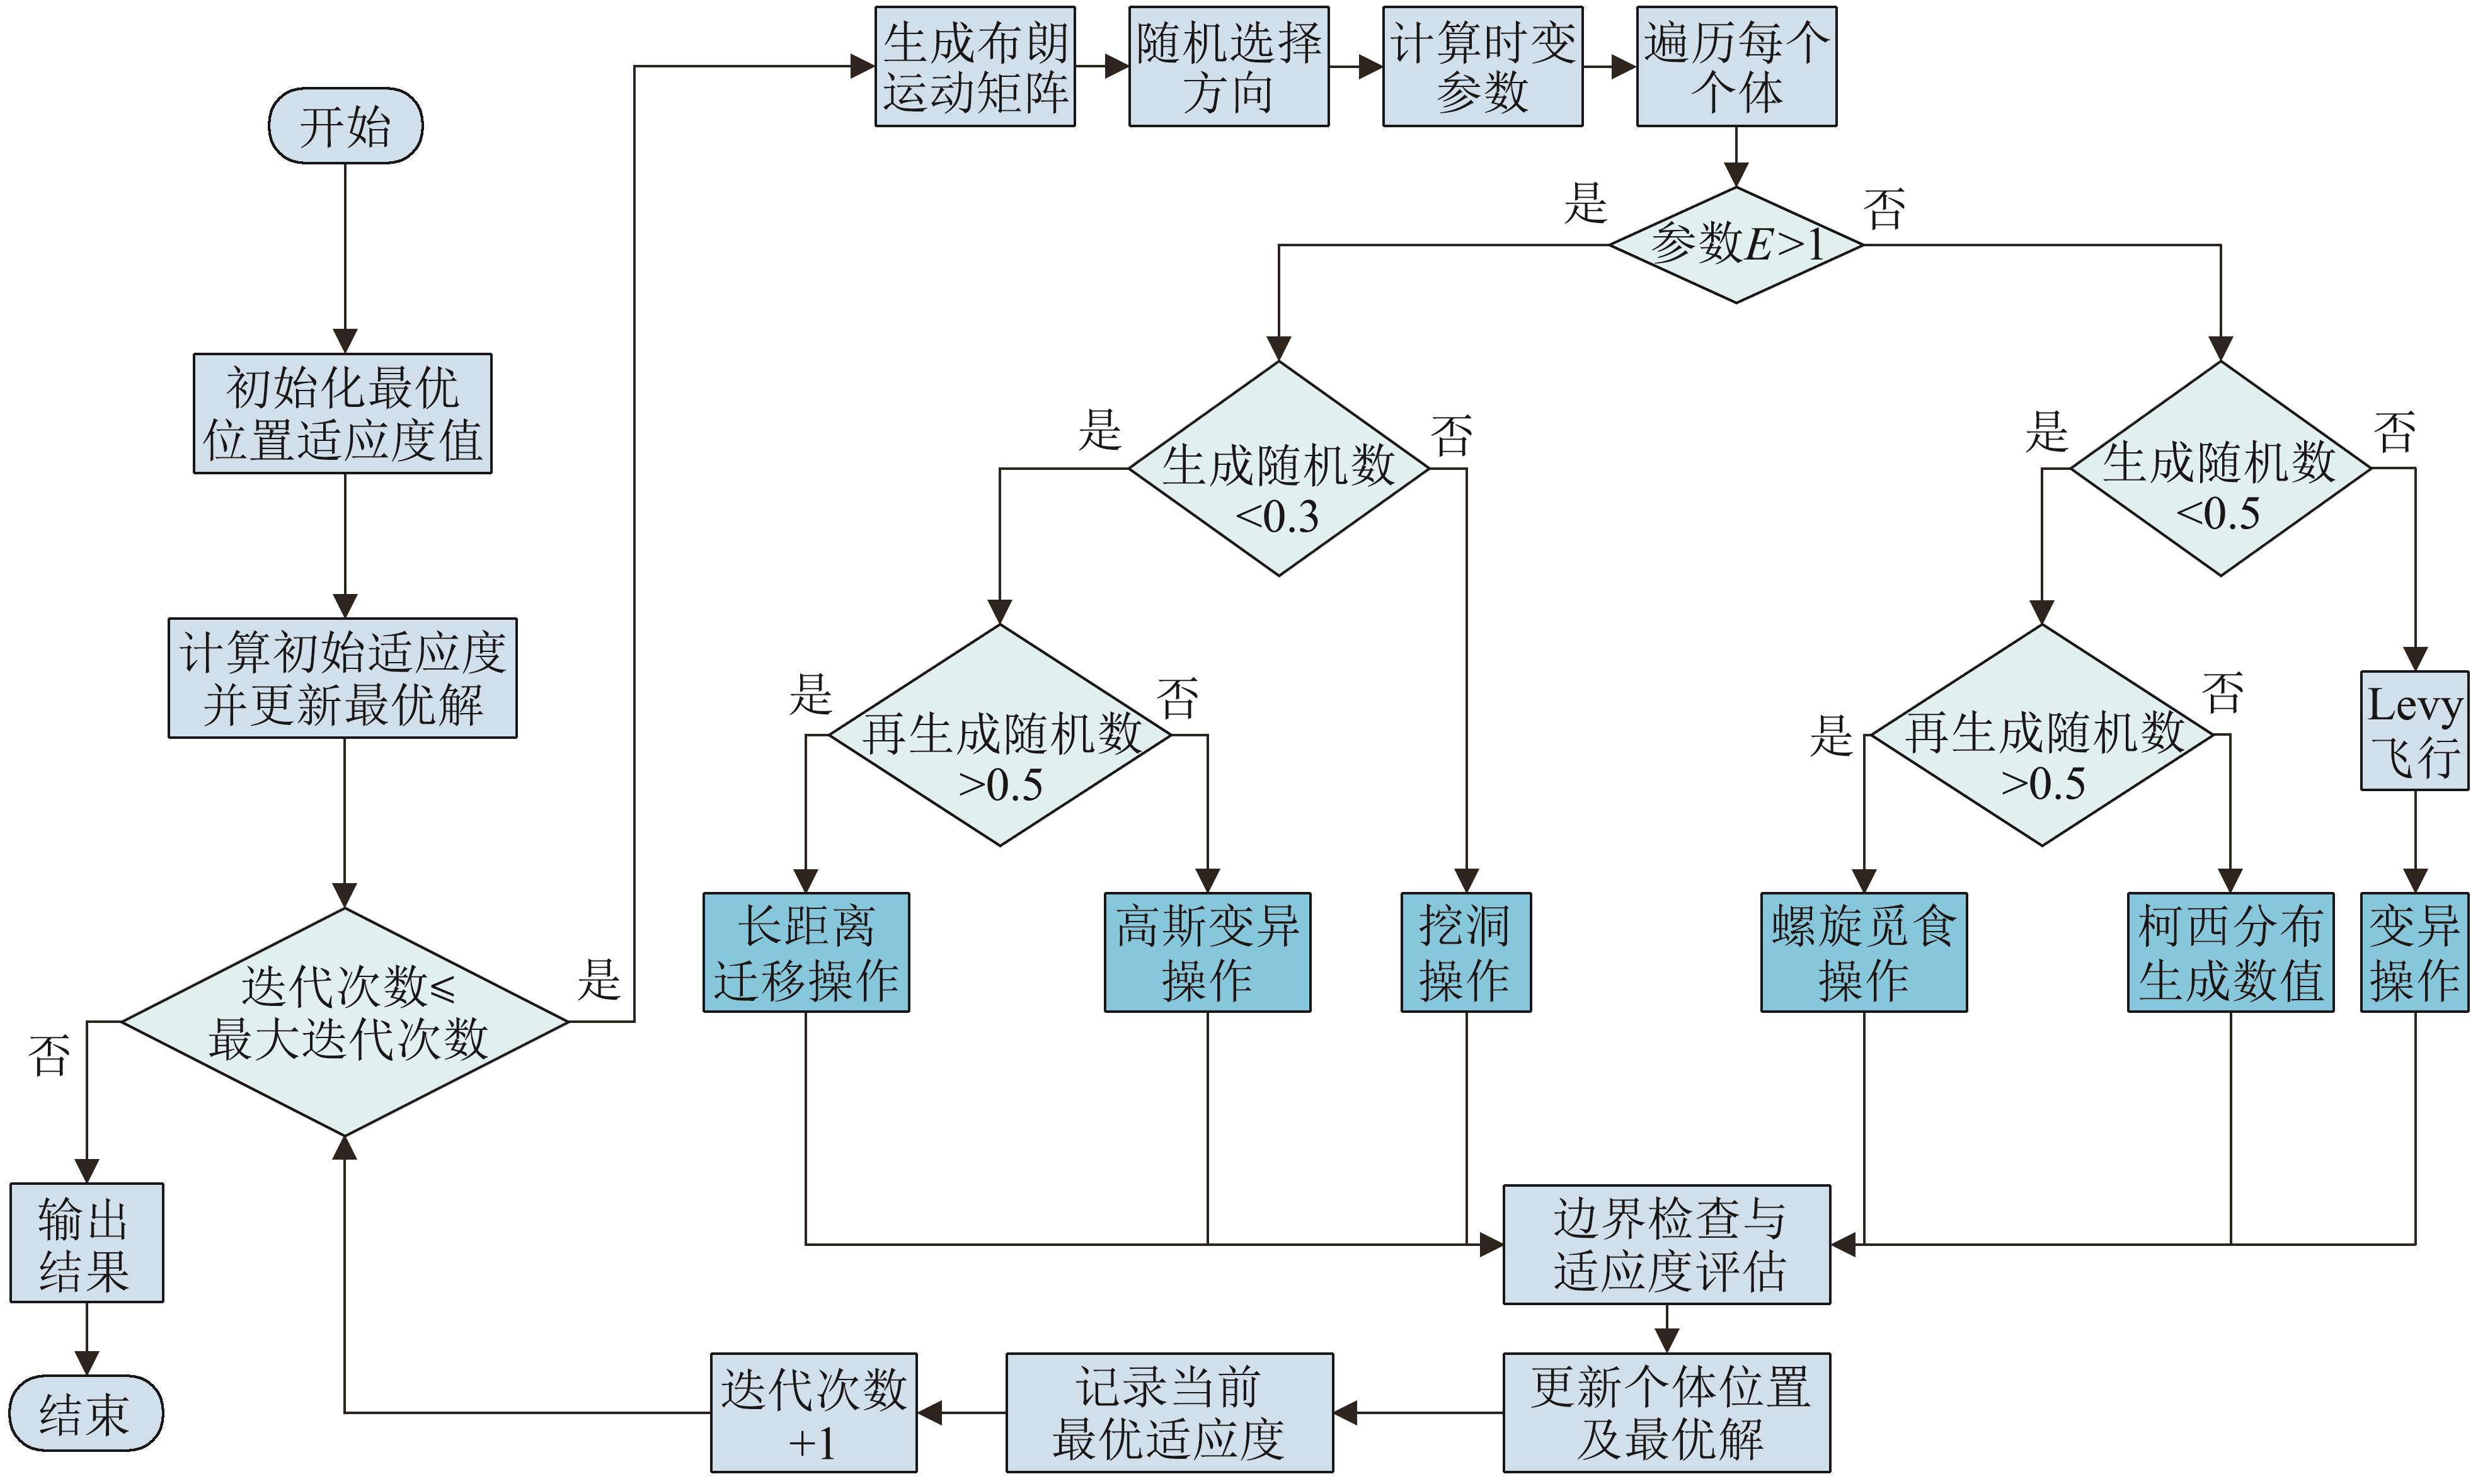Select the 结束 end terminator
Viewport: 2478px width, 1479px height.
[86, 1413]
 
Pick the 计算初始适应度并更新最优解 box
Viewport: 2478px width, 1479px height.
[342, 678]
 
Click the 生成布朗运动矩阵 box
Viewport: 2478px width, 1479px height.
[975, 67]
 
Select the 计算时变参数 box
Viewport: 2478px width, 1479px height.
[1483, 67]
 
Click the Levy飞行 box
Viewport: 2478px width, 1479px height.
[2414, 731]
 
